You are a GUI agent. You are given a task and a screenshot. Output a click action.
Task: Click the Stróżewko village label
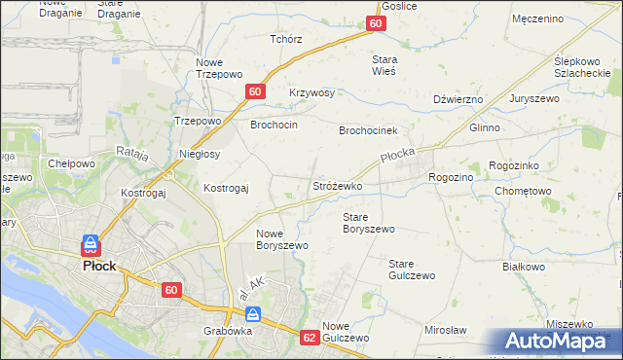click(x=337, y=185)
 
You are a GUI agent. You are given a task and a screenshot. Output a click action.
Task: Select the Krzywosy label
click(x=311, y=92)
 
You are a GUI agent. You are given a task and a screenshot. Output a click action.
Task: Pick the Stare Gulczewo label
click(x=411, y=270)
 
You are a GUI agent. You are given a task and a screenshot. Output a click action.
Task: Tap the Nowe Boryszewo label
click(x=282, y=239)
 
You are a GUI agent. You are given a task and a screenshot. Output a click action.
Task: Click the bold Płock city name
click(x=99, y=266)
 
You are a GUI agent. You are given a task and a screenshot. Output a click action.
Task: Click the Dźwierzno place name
click(x=458, y=99)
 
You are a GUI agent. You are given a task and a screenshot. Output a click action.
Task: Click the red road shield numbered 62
click(x=310, y=338)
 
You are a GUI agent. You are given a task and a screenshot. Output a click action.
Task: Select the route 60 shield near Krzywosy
click(x=254, y=91)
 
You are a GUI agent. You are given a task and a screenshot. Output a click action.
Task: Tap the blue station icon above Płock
click(x=91, y=243)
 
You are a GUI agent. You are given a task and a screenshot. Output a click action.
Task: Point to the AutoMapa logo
click(x=557, y=341)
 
